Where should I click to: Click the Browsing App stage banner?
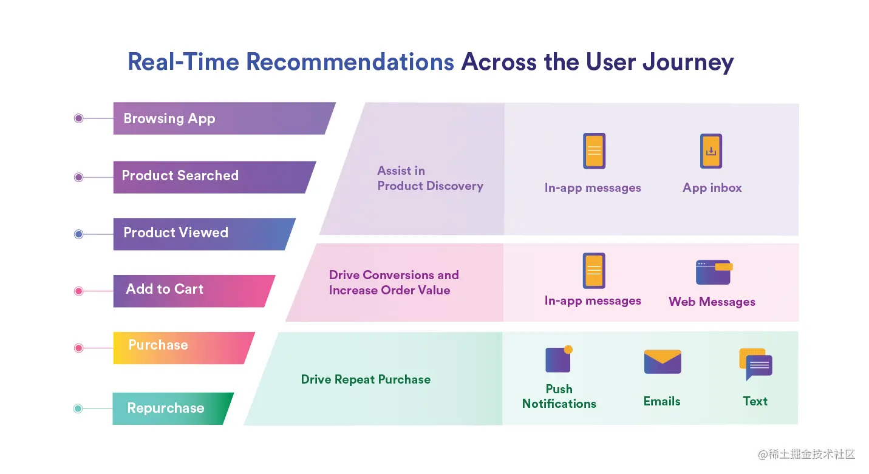(x=219, y=118)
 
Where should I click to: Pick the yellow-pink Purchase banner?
(x=179, y=348)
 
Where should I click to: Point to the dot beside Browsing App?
(x=78, y=118)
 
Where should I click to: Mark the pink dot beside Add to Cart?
(x=78, y=291)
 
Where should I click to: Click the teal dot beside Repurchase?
(x=78, y=408)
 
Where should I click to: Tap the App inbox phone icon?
(x=711, y=151)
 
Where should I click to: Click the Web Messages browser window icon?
(x=713, y=273)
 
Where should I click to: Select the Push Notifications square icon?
(x=558, y=359)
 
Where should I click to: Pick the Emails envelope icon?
(x=662, y=362)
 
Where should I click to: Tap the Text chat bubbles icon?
(x=755, y=364)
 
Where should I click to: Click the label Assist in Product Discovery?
(x=430, y=178)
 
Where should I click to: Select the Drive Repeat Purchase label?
(x=366, y=380)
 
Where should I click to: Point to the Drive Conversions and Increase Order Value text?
(x=394, y=283)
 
